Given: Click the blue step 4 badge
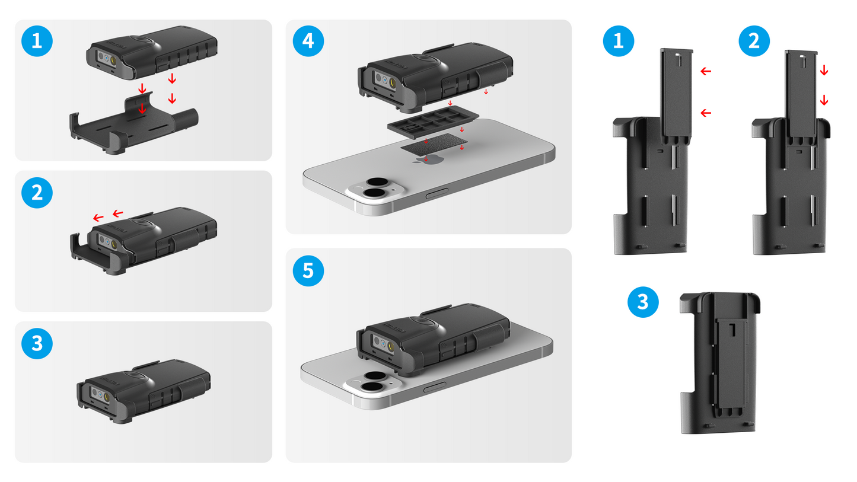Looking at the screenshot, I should [308, 41].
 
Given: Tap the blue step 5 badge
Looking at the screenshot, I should [308, 271].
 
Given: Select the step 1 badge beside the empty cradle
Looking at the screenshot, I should [37, 41].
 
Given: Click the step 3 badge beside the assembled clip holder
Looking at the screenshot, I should [643, 302].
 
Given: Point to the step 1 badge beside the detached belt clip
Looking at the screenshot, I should [619, 41].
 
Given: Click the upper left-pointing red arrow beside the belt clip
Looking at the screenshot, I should [705, 71].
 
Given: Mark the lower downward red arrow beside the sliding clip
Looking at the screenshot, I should [824, 101].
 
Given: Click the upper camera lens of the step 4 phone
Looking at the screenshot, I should [375, 183].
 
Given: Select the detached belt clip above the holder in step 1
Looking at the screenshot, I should [676, 95].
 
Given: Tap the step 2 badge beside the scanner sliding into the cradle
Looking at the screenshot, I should [37, 193].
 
